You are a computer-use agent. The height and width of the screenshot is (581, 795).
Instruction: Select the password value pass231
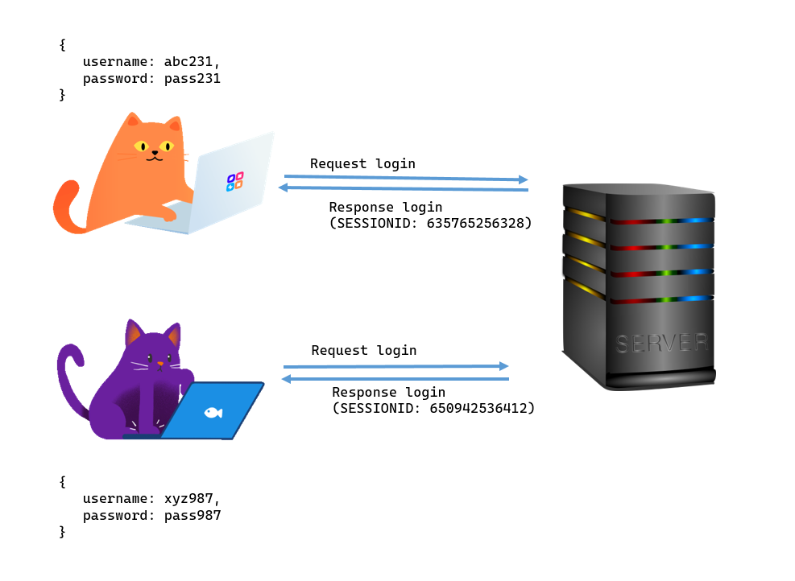click(192, 79)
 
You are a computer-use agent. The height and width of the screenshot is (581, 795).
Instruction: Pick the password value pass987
click(192, 516)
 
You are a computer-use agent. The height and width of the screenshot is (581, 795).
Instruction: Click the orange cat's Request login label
click(362, 164)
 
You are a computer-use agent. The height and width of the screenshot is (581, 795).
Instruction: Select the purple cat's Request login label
click(364, 351)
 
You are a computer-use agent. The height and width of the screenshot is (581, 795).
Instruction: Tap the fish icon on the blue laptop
click(213, 412)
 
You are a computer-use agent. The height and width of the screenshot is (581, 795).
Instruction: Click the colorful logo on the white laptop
click(234, 181)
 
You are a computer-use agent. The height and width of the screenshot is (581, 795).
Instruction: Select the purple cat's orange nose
click(159, 364)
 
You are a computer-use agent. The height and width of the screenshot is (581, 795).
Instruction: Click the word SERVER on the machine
click(661, 344)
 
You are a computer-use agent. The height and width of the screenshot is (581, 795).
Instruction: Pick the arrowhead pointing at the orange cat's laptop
click(283, 187)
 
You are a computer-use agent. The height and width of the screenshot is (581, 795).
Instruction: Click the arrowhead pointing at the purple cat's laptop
click(286, 378)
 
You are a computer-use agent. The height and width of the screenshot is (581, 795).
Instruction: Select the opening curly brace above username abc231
click(62, 45)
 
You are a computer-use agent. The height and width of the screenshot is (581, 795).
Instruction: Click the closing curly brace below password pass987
click(62, 532)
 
